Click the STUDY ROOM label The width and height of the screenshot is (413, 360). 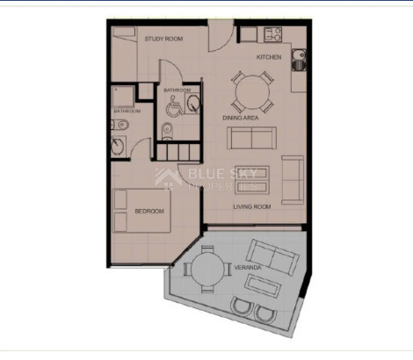click(x=163, y=40)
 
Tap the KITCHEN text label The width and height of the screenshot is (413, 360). click(x=269, y=57)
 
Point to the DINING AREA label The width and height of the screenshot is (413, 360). click(x=241, y=117)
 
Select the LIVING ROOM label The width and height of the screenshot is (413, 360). click(x=251, y=207)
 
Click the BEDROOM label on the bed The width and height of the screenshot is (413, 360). click(x=149, y=212)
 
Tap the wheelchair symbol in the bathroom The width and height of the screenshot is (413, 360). click(x=170, y=108)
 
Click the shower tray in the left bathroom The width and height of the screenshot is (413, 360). click(x=121, y=97)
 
